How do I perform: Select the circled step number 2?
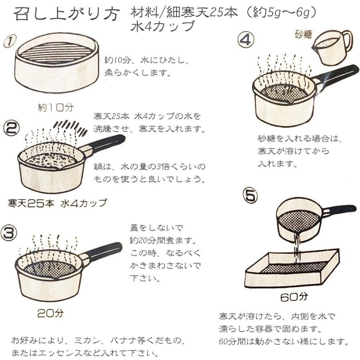tap(11, 128)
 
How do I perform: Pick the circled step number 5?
tap(250, 196)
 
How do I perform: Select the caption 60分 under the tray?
tap(294, 298)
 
